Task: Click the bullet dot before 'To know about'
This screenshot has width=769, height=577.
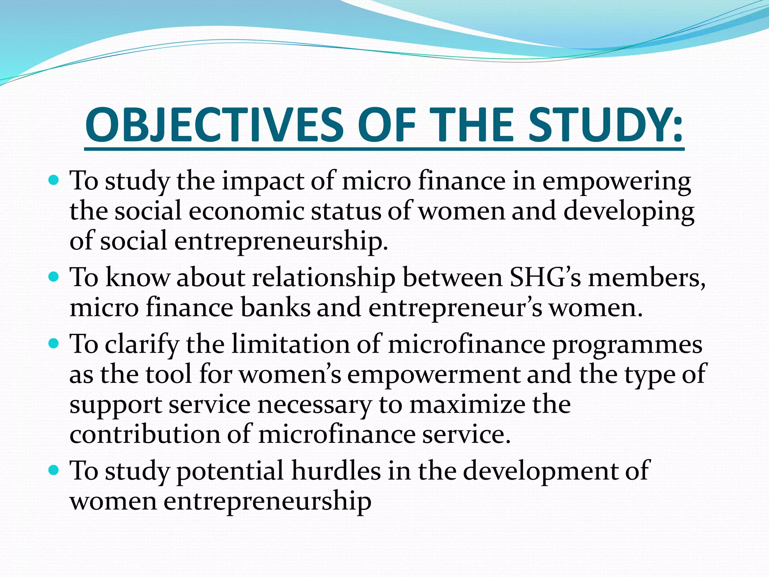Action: [x=54, y=278]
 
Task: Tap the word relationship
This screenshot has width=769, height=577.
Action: [x=323, y=278]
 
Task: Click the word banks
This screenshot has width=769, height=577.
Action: [x=276, y=308]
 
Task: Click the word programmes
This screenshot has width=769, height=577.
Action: [x=627, y=344]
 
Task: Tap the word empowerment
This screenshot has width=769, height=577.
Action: [x=433, y=375]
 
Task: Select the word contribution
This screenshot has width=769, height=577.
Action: [x=145, y=435]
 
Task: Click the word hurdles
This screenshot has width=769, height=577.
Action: [x=336, y=471]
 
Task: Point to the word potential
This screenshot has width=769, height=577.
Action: [x=230, y=471]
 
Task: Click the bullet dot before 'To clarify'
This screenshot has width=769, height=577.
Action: [x=54, y=343]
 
